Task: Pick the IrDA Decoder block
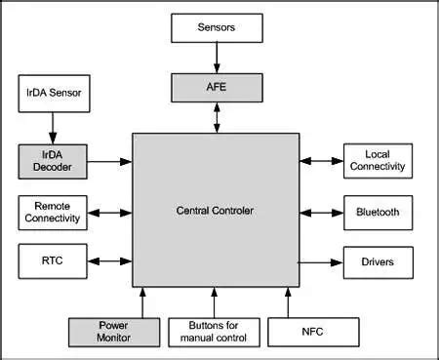pos(52,162)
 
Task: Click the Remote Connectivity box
pos(52,212)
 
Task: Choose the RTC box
pos(52,261)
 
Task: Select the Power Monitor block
pos(113,332)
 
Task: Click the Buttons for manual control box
pos(214,332)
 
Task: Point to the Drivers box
pos(378,261)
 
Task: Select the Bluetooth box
pos(378,212)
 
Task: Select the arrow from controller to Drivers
pos(319,261)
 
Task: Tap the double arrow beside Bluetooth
pos(319,212)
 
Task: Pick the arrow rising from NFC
pos(288,301)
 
